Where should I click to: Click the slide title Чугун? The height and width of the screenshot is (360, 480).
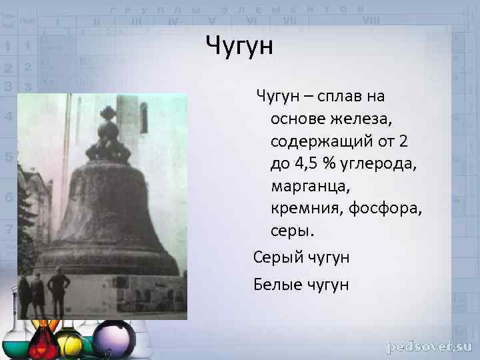coord(240,47)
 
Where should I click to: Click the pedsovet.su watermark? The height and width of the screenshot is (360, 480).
coord(429,347)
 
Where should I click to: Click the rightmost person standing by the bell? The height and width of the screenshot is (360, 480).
coord(59,291)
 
